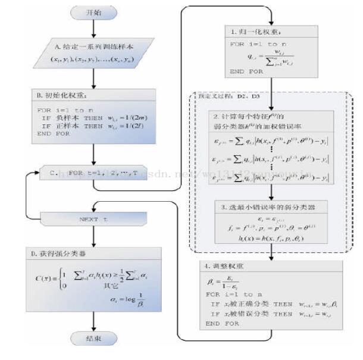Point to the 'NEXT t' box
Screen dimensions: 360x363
[93, 219]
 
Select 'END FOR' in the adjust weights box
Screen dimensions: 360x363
[224, 324]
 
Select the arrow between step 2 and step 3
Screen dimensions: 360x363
[271, 191]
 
